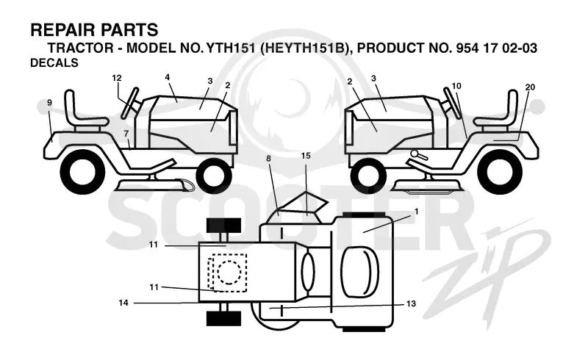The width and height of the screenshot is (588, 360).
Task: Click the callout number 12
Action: click(117, 78)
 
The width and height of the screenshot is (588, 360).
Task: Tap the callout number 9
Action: click(49, 103)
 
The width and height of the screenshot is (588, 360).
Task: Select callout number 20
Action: click(530, 87)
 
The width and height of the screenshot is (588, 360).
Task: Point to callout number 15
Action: click(306, 156)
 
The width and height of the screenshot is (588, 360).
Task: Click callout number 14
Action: click(123, 303)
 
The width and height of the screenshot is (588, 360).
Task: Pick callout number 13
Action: click(411, 303)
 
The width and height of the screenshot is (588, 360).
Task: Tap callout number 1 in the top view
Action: click(416, 212)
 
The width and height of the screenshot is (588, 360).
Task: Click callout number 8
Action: click(268, 159)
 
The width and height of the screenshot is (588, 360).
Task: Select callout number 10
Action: click(456, 86)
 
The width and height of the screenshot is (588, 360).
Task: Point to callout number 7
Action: click(126, 134)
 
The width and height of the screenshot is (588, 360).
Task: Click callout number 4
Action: click(168, 77)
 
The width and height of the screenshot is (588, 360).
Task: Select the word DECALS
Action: click(54, 62)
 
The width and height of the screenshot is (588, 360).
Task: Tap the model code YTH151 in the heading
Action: click(231, 48)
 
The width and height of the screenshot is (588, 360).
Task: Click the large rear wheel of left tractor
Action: click(82, 172)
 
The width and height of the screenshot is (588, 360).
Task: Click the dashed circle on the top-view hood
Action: click(229, 272)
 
